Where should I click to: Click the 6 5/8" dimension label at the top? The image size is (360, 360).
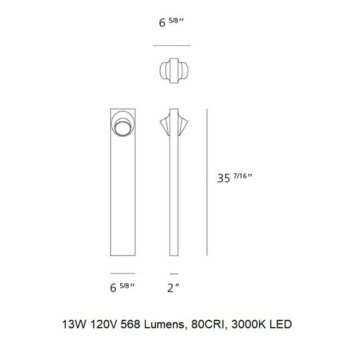point(171,23)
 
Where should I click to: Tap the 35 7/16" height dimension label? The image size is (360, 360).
point(235,178)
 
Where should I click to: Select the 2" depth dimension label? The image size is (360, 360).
point(173,288)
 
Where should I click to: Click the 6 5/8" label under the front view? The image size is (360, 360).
point(122,287)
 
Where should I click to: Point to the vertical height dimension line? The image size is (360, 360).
point(207,182)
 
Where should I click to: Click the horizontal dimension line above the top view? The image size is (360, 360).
point(171,46)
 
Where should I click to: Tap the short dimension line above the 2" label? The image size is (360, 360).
point(174,274)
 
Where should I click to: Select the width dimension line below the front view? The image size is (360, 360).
point(123,273)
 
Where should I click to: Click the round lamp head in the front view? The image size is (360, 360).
point(123,124)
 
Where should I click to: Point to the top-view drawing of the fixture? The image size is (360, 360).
point(174,71)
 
